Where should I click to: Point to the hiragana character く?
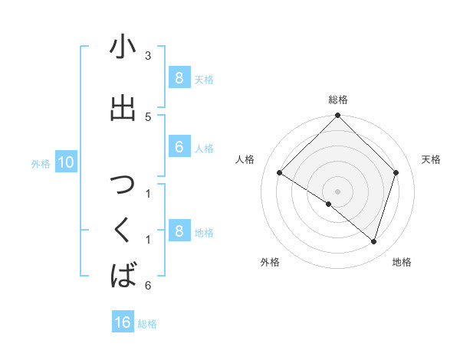coord(123,229)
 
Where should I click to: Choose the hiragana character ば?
coord(123,273)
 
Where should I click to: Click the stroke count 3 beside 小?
coord(148,56)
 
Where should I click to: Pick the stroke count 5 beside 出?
coord(148,116)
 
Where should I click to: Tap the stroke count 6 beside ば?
coord(148,286)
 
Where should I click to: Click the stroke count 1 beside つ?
coord(148,193)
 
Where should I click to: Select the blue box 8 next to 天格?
coord(179,77)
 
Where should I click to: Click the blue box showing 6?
coord(179,147)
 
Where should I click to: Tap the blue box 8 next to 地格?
coord(179,231)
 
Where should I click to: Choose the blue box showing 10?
coord(65,162)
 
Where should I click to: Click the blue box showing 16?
coord(123,322)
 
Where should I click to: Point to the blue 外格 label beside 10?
coord(41,163)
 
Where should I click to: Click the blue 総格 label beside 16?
coord(147,324)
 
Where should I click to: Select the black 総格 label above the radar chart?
coord(338,100)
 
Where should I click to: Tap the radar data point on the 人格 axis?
coord(280,173)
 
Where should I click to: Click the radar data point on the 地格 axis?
coord(373,242)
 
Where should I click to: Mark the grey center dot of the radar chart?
coord(337,191)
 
